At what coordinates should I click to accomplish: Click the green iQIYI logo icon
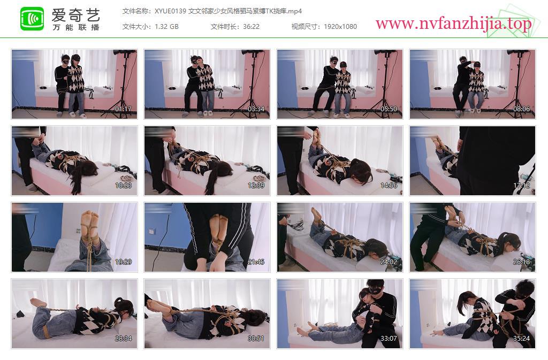32,19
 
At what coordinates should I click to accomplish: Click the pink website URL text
453,24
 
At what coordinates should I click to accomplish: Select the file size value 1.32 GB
167,27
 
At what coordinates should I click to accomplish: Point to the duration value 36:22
252,27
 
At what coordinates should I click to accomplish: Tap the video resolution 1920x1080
340,27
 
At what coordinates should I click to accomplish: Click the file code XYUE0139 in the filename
170,11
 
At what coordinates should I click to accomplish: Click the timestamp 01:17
123,109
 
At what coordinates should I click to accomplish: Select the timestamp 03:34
256,109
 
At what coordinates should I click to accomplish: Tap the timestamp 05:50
389,109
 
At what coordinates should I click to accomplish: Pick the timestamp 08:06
521,109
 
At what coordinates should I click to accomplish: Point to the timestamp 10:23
123,186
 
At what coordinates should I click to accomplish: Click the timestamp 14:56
389,186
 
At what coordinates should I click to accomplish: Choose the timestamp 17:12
521,186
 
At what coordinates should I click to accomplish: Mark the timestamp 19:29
123,262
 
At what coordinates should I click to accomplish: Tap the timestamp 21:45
256,262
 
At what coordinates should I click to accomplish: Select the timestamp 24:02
389,262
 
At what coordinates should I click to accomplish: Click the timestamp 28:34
123,339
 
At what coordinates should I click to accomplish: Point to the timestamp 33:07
389,339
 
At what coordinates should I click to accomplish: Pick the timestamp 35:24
521,339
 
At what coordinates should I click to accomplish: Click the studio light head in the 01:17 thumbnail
124,52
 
